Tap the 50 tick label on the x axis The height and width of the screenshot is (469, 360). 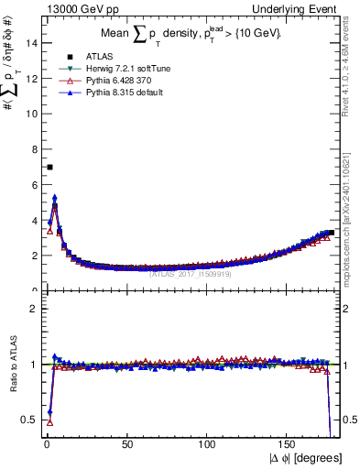click(x=127, y=445)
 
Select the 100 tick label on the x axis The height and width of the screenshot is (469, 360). click(x=209, y=445)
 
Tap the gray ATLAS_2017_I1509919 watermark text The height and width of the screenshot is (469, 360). click(x=190, y=272)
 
